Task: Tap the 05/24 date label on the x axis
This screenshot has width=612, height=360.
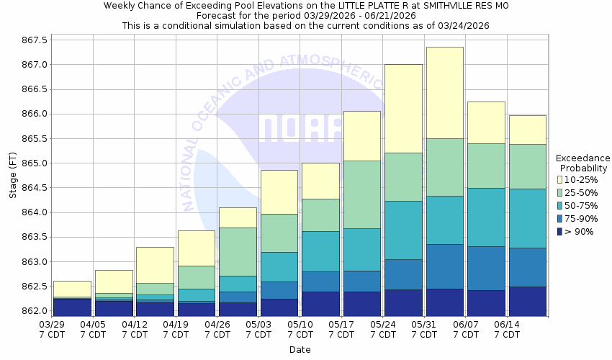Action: tap(383, 325)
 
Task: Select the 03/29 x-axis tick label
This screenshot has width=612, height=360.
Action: tap(52, 325)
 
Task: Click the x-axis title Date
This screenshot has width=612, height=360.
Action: tap(300, 349)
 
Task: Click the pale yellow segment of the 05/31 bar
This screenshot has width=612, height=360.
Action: tap(444, 92)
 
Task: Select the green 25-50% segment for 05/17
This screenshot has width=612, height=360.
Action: tap(361, 194)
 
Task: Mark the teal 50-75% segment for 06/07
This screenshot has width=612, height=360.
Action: tap(486, 217)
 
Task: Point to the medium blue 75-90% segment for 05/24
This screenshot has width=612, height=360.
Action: tap(403, 274)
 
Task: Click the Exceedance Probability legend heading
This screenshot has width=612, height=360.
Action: tap(583, 163)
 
